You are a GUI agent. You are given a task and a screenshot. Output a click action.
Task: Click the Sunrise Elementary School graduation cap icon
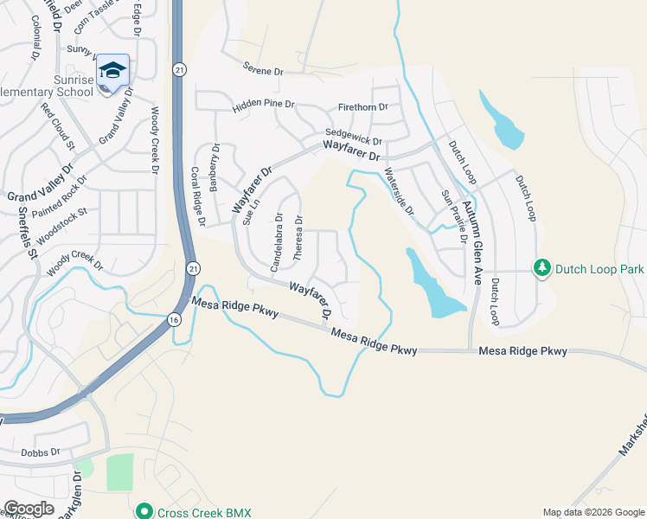coord(112,69)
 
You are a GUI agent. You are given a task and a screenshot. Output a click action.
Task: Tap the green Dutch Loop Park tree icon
coord(542,269)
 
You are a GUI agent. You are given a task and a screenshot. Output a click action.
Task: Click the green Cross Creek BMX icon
coord(144,512)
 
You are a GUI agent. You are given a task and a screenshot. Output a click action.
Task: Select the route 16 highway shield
coord(174,321)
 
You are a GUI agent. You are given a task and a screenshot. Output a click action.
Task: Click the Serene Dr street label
coord(263,71)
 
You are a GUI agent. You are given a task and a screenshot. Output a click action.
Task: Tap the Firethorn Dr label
coord(363,107)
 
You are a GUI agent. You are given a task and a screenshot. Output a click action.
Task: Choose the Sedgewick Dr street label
coord(353,137)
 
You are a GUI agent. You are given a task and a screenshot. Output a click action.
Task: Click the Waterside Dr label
coord(399,191)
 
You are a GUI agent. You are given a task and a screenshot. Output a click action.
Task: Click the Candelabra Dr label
coord(276,242)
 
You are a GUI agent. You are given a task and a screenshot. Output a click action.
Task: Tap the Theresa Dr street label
coord(298,239)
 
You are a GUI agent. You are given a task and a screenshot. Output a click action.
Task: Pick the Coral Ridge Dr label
coord(197,196)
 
